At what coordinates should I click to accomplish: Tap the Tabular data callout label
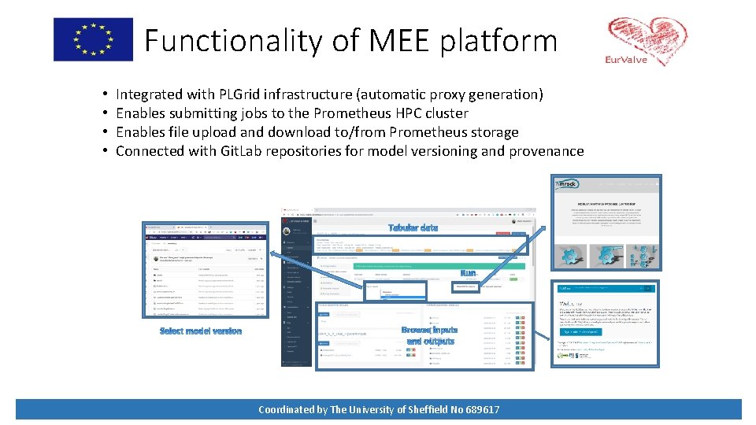pos(413,227)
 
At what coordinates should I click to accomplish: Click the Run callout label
pos(468,273)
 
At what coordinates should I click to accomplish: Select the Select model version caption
pos(201,331)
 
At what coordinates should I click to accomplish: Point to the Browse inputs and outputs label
pos(429,336)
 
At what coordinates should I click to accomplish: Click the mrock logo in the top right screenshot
pos(568,185)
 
